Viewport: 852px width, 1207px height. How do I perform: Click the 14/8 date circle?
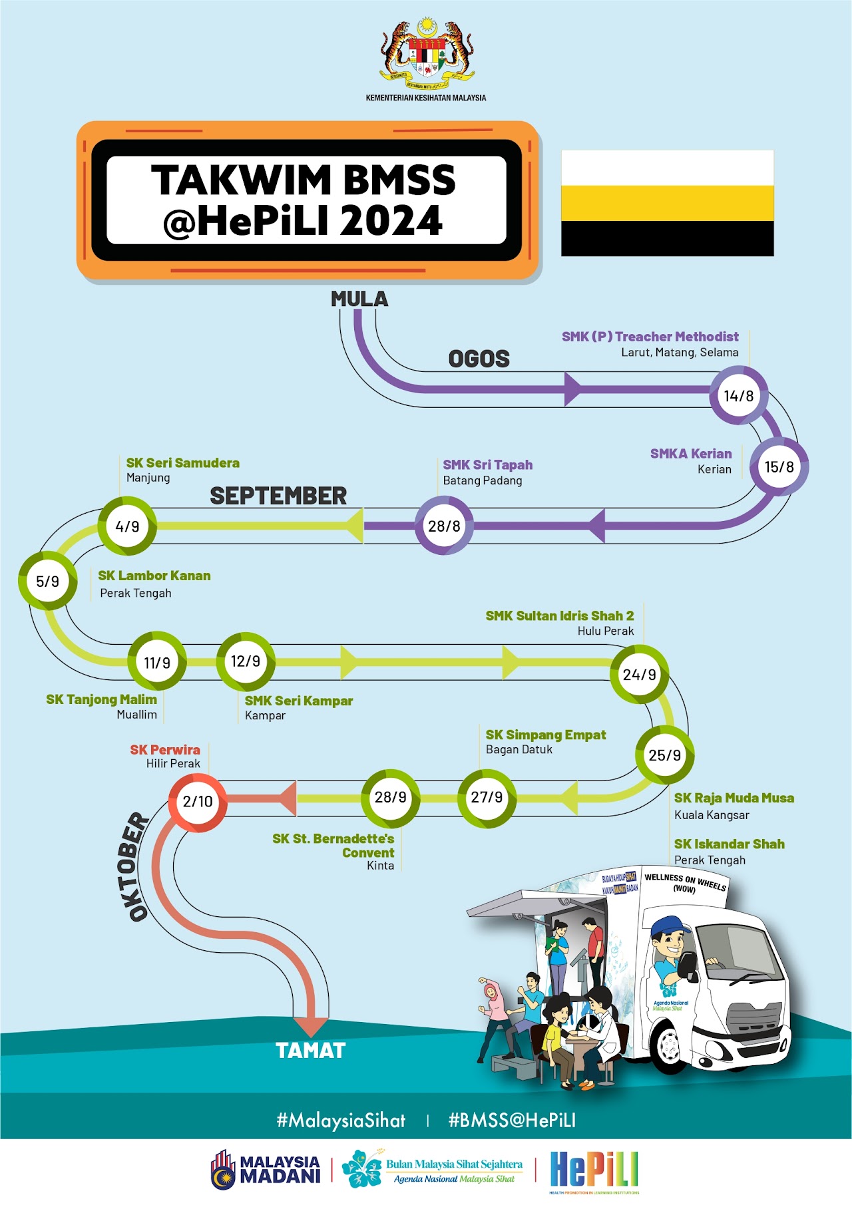click(739, 396)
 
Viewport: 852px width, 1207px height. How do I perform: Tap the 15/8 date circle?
click(779, 466)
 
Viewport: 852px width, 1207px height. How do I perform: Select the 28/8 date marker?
click(444, 526)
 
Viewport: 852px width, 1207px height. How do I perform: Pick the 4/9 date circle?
click(127, 526)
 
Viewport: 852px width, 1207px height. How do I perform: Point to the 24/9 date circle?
click(639, 674)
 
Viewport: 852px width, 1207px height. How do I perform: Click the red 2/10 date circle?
click(197, 802)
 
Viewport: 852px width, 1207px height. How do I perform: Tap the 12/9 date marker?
click(246, 661)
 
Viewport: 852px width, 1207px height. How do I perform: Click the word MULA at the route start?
click(359, 299)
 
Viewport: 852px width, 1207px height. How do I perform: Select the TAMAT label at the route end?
click(311, 1051)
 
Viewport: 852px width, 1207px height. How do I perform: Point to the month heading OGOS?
click(479, 359)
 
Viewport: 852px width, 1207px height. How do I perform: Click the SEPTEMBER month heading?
click(278, 496)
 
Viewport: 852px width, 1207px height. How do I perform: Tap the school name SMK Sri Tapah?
click(487, 465)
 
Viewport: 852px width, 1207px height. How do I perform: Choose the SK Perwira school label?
click(165, 750)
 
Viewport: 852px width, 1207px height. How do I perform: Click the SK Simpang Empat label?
click(546, 735)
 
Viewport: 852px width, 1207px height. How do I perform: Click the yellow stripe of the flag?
click(667, 203)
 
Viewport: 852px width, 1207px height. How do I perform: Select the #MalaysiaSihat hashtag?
click(341, 1121)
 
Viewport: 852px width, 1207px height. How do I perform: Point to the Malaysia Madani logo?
click(266, 1170)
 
